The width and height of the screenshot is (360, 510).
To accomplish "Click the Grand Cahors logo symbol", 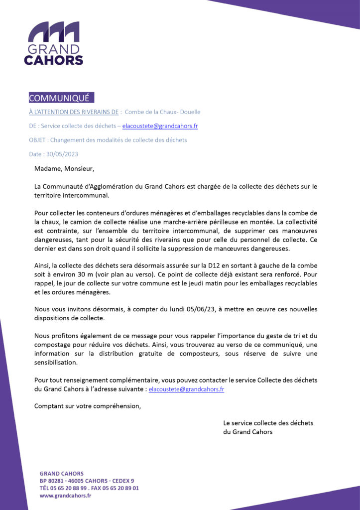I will (53, 32).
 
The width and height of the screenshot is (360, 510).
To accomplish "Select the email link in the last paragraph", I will (186, 389).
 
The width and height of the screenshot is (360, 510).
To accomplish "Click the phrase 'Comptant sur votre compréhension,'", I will (88, 406).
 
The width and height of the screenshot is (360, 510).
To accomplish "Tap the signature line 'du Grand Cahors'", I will (247, 432).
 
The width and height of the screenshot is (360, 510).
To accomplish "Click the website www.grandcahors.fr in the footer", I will (65, 496).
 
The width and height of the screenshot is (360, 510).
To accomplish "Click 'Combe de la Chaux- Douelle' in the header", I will (162, 112).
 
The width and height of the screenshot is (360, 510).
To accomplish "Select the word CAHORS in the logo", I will (53, 60).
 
